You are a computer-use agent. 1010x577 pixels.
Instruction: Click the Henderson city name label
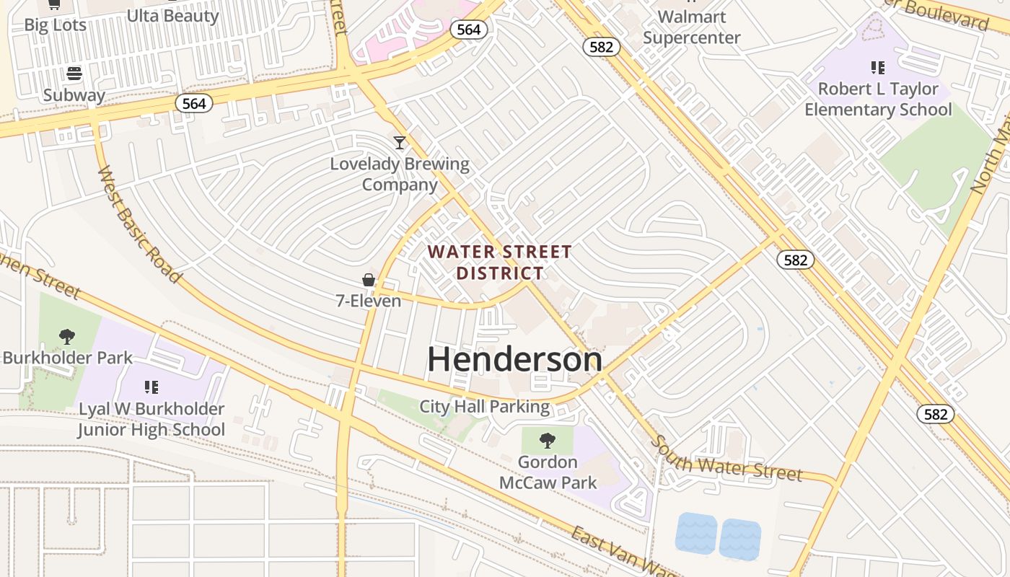(514, 359)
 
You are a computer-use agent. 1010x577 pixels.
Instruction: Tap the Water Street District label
(500, 263)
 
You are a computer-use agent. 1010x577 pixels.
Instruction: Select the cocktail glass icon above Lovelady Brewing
(400, 142)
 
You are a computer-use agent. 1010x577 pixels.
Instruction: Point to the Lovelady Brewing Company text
(400, 174)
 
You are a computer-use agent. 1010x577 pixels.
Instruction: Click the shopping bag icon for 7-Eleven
(369, 280)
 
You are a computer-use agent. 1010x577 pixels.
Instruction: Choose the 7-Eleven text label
(369, 301)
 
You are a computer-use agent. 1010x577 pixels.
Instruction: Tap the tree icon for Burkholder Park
(67, 336)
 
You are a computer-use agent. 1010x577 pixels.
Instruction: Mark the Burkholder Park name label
(68, 358)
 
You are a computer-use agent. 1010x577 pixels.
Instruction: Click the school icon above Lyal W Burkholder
(151, 387)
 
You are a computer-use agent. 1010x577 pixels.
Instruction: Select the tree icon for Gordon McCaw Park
(548, 440)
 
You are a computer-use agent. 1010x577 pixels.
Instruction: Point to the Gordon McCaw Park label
(548, 472)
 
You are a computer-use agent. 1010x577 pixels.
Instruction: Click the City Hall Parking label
(485, 407)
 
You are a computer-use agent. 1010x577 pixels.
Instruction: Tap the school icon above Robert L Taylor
(878, 68)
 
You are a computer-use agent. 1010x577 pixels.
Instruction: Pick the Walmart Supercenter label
(691, 27)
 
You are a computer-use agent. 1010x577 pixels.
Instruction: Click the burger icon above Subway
(74, 74)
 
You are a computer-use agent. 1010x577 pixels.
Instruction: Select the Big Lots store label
(56, 25)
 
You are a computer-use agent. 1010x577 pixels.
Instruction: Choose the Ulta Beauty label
(172, 16)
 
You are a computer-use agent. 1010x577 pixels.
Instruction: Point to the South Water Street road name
(726, 459)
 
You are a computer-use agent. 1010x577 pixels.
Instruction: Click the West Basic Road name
(139, 224)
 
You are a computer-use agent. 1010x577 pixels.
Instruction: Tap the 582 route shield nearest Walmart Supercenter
(601, 47)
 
